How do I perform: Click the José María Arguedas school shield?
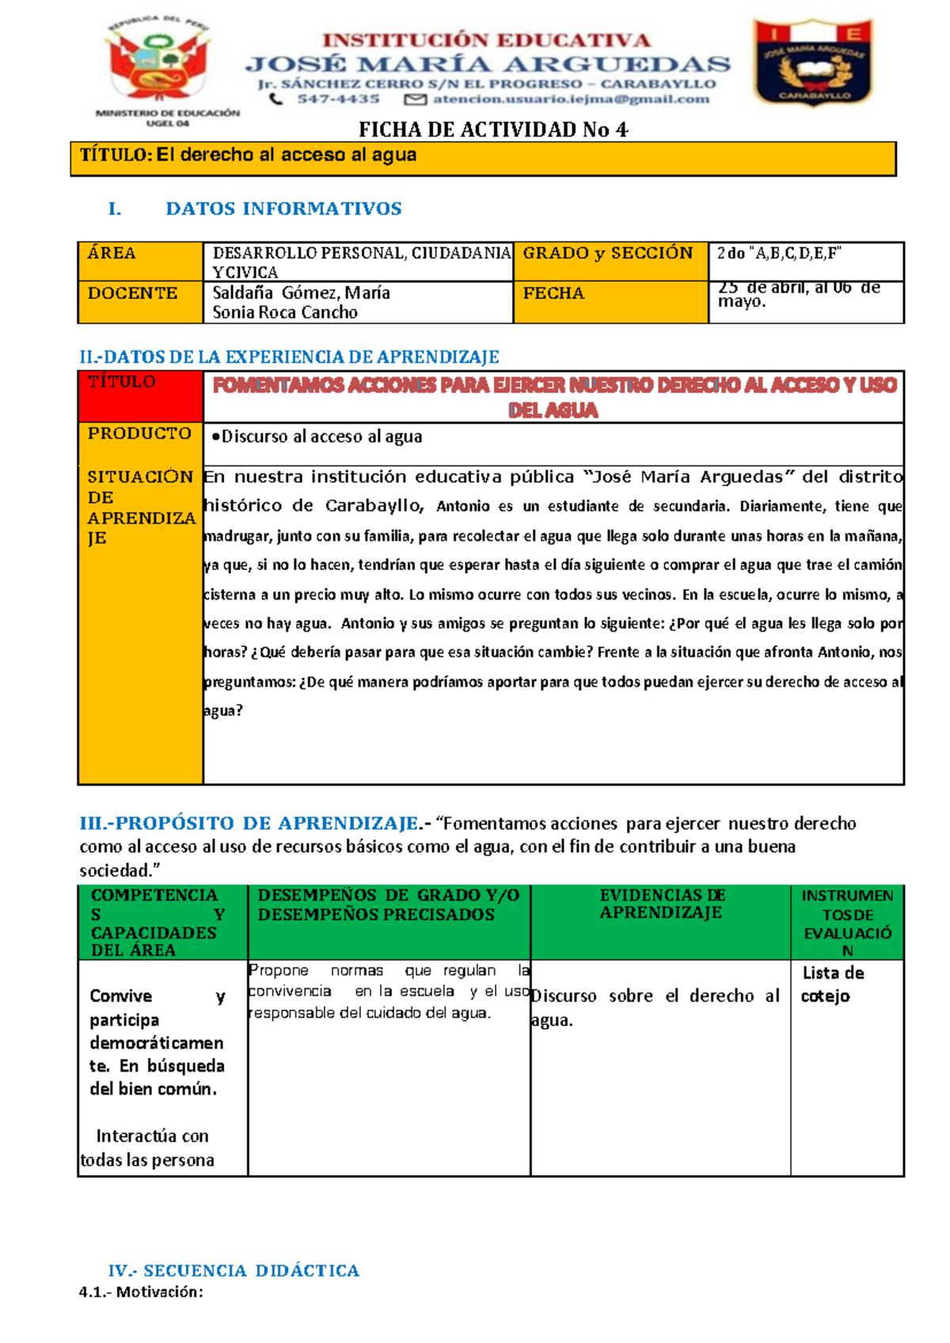(814, 63)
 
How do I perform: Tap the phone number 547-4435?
(338, 99)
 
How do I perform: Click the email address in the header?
(570, 99)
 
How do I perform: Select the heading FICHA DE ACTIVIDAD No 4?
(493, 130)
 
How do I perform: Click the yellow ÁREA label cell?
(140, 261)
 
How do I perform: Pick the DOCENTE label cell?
(140, 302)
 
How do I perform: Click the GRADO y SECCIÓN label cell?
(610, 261)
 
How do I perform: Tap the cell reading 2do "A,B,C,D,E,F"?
(805, 261)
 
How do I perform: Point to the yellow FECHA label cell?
(610, 302)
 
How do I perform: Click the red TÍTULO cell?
(140, 396)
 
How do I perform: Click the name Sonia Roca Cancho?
(285, 313)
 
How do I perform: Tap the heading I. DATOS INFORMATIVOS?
(255, 209)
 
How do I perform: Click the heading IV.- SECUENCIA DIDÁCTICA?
(234, 1270)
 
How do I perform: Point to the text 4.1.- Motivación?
(141, 1292)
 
